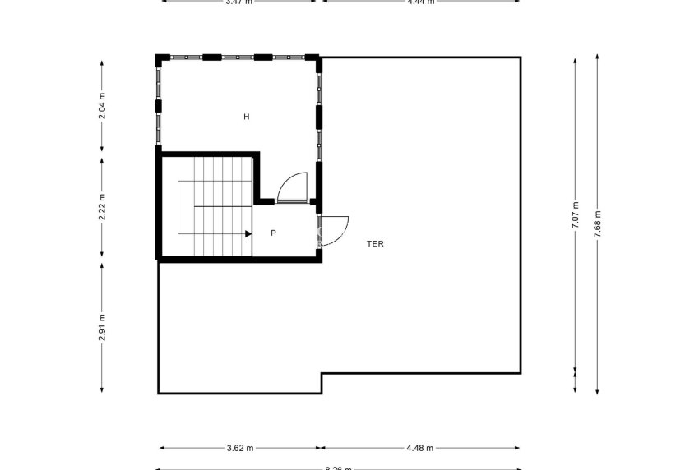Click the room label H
[246, 117]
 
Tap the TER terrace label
[376, 243]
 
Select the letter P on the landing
[273, 233]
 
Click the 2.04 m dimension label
[102, 106]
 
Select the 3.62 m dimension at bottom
[240, 448]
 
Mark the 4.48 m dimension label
[419, 448]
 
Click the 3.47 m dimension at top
[238, 2]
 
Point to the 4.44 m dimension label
[420, 2]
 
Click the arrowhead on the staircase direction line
[248, 233]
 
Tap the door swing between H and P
[293, 187]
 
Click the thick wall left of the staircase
[159, 205]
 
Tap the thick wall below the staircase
[238, 259]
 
